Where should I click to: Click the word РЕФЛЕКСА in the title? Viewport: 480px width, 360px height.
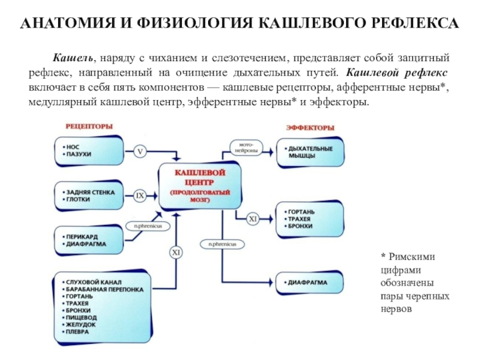pos(409,23)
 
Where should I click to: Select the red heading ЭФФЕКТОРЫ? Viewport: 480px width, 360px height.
pos(310,128)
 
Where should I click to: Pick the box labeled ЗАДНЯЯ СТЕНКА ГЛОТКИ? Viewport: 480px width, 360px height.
pos(91,196)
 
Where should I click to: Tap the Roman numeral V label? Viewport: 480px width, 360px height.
pos(140,151)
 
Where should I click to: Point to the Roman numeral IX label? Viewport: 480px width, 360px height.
pos(140,196)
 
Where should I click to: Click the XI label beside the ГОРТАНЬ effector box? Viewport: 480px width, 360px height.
pos(253,220)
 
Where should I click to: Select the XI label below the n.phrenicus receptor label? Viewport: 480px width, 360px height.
pos(176,253)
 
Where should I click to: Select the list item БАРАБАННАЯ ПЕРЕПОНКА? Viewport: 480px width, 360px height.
pos(105,289)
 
